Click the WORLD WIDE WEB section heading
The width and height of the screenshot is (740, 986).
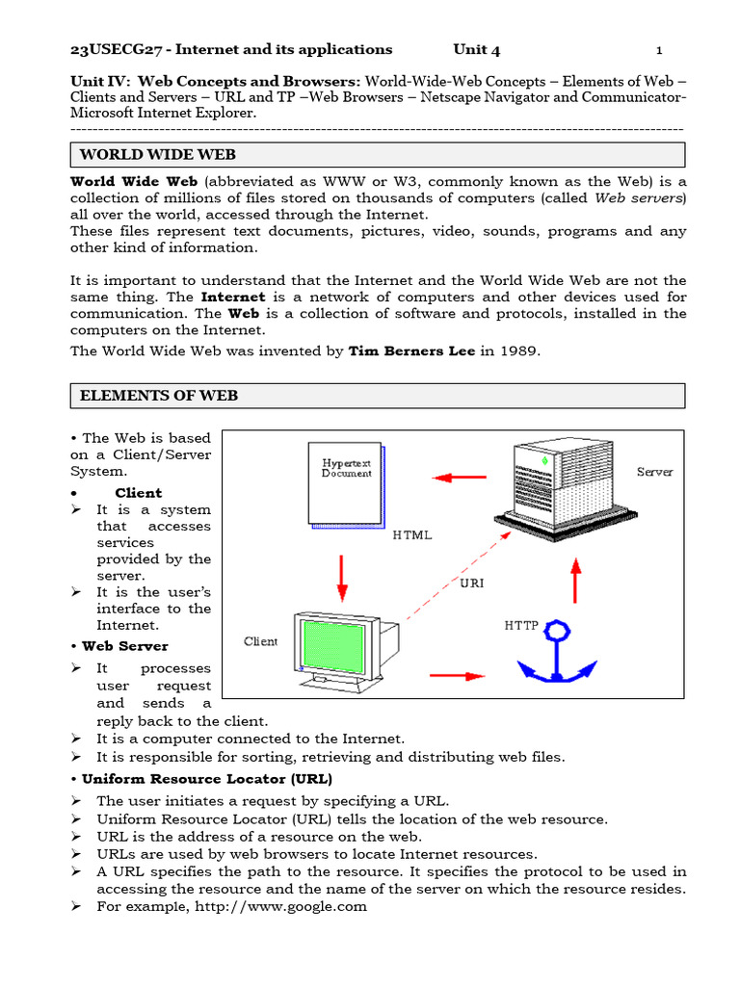(x=157, y=154)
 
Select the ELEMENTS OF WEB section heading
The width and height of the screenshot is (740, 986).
(x=158, y=395)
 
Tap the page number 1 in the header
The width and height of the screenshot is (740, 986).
(x=659, y=50)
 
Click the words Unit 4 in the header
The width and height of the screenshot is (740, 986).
(x=477, y=50)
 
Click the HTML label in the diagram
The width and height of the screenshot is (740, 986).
(x=412, y=535)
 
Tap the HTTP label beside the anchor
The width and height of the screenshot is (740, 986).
(x=521, y=625)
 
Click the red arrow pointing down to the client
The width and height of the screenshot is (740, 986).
(x=340, y=578)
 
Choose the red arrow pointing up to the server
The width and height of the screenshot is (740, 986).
(x=575, y=581)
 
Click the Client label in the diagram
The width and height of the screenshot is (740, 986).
(x=260, y=641)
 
